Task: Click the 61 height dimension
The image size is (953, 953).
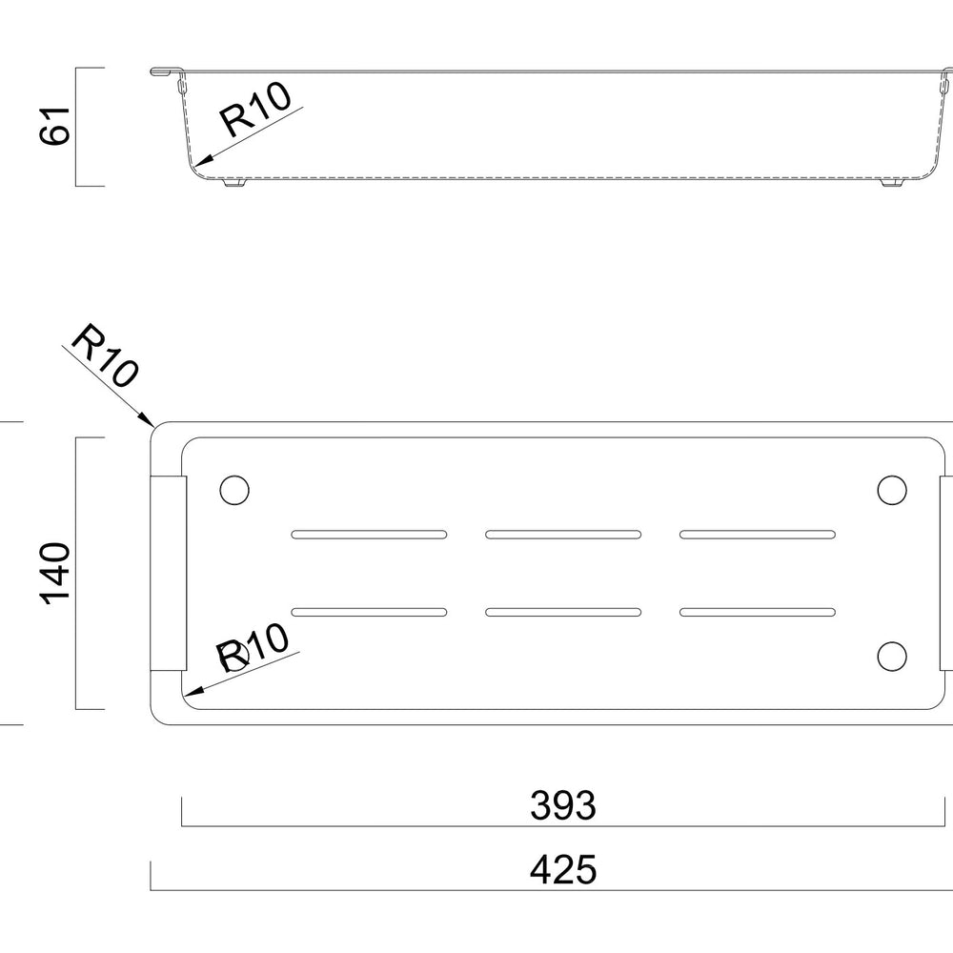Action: click(54, 126)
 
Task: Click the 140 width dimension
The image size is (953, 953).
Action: click(54, 573)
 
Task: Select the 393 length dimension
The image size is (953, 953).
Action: click(563, 805)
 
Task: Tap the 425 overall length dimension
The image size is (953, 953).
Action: click(563, 869)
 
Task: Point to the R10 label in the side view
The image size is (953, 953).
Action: click(255, 110)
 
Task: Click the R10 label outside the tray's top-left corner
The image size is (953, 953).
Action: click(105, 355)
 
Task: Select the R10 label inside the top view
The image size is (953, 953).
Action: click(253, 647)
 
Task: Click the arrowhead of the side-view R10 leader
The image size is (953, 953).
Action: click(203, 160)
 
